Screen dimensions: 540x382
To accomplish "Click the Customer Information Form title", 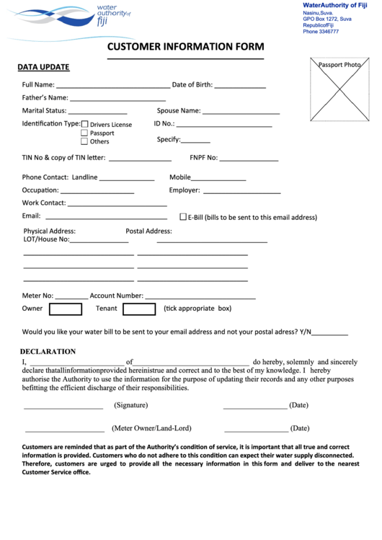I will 185,48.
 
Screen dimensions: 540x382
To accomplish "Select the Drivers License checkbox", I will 84,124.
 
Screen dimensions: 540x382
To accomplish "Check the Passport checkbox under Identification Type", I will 84,133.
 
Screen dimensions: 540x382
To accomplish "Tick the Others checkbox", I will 84,141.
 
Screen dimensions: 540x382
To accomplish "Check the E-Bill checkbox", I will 183,216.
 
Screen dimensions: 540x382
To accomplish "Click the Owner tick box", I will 65,309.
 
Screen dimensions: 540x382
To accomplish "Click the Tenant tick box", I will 139,309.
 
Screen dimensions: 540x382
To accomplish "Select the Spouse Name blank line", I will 241,113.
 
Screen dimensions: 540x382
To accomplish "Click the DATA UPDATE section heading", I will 43,67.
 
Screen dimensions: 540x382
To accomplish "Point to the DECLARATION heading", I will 48,352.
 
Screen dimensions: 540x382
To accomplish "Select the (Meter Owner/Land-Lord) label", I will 151,428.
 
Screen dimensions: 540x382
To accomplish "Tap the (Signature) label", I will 130,405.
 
